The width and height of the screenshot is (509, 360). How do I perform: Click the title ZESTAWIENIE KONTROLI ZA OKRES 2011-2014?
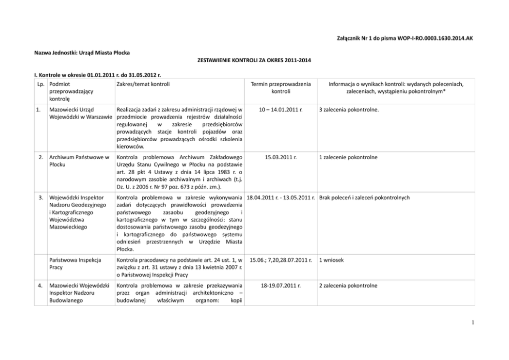point(254,61)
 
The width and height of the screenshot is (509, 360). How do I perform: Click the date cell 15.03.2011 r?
point(281,156)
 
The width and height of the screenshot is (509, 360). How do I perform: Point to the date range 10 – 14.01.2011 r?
point(281,109)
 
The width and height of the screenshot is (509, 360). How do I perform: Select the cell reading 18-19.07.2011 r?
point(281,285)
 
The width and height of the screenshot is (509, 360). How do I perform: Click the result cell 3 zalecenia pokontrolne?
point(348,109)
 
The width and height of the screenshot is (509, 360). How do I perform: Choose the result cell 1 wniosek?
point(331,260)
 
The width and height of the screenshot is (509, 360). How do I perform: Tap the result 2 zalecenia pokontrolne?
point(348,285)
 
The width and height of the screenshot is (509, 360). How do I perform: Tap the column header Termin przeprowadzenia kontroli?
point(281,87)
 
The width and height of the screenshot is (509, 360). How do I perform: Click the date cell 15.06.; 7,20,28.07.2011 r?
point(281,260)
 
